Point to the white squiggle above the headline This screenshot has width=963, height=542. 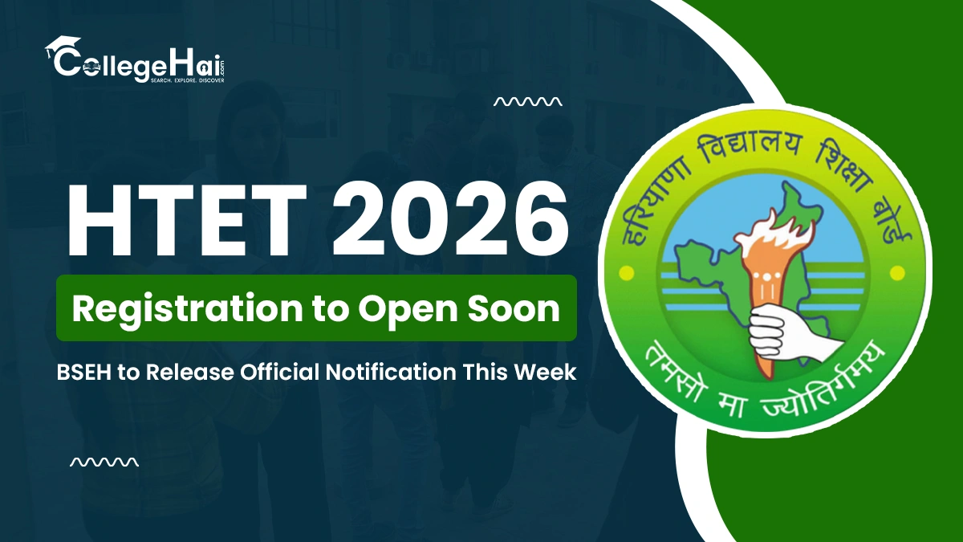pyautogui.click(x=527, y=102)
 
